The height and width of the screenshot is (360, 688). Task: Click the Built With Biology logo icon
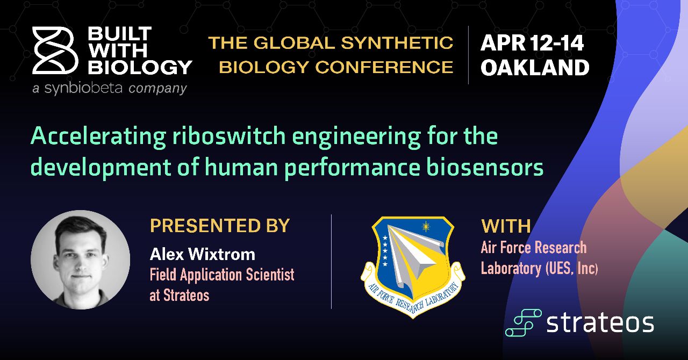(55, 51)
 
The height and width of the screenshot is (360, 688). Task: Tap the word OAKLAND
(535, 68)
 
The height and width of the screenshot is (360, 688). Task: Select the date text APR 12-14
(532, 43)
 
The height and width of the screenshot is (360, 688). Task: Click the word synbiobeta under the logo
(83, 89)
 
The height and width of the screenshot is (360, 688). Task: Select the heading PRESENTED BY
(220, 226)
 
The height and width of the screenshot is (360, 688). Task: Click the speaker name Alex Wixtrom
(203, 255)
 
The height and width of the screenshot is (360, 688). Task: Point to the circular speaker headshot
(81, 260)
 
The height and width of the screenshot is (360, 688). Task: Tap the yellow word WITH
(506, 226)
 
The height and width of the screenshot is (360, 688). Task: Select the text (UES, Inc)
(571, 268)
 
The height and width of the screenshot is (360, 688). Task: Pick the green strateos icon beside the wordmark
(524, 322)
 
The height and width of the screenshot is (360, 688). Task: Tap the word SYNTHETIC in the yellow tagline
(397, 42)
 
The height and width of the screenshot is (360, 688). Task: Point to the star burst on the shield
(426, 227)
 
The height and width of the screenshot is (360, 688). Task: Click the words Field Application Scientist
(222, 275)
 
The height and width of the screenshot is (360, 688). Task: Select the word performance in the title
(352, 168)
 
